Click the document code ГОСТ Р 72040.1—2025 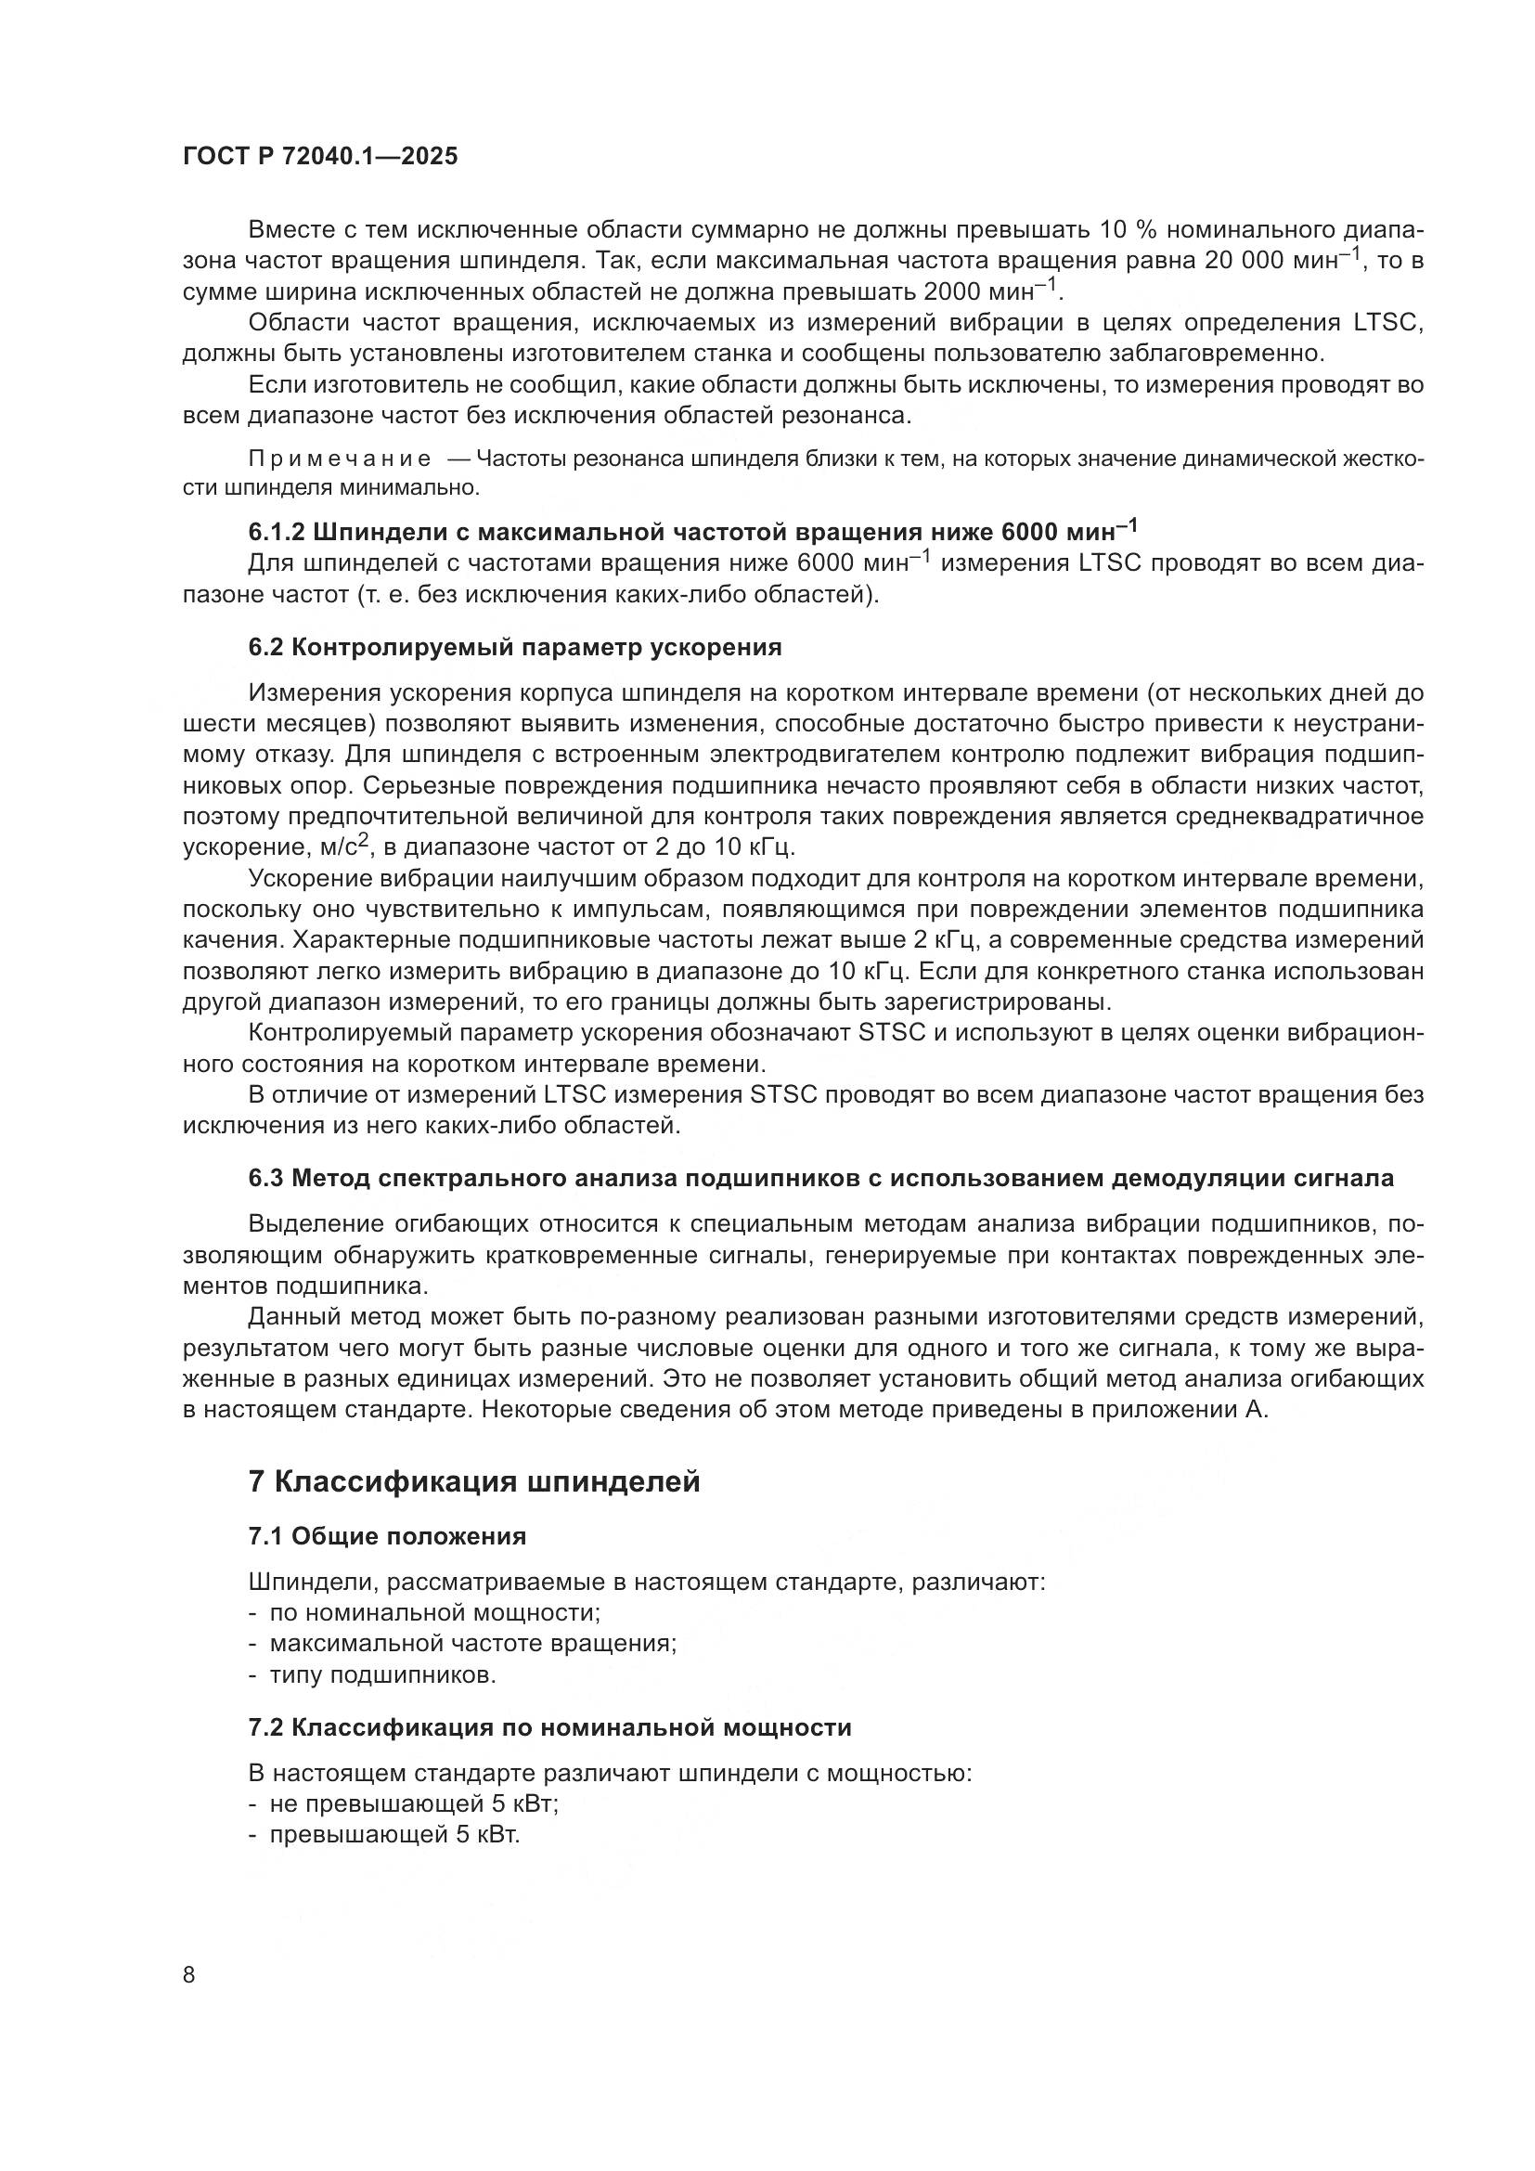click(x=319, y=157)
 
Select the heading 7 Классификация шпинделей click(x=473, y=1481)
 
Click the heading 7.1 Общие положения click(x=387, y=1536)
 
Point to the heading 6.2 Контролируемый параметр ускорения click(x=515, y=648)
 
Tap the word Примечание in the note click(x=340, y=459)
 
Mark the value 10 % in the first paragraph click(x=1125, y=230)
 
